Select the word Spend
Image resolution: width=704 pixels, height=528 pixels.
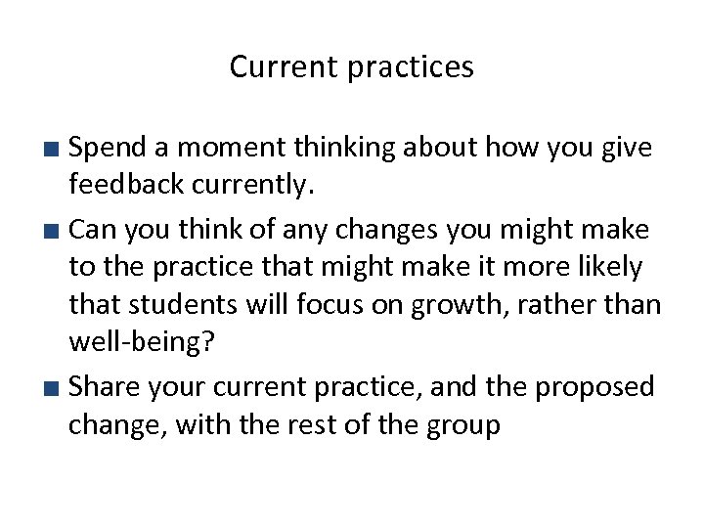click(108, 149)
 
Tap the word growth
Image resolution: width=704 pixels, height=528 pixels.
click(443, 305)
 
